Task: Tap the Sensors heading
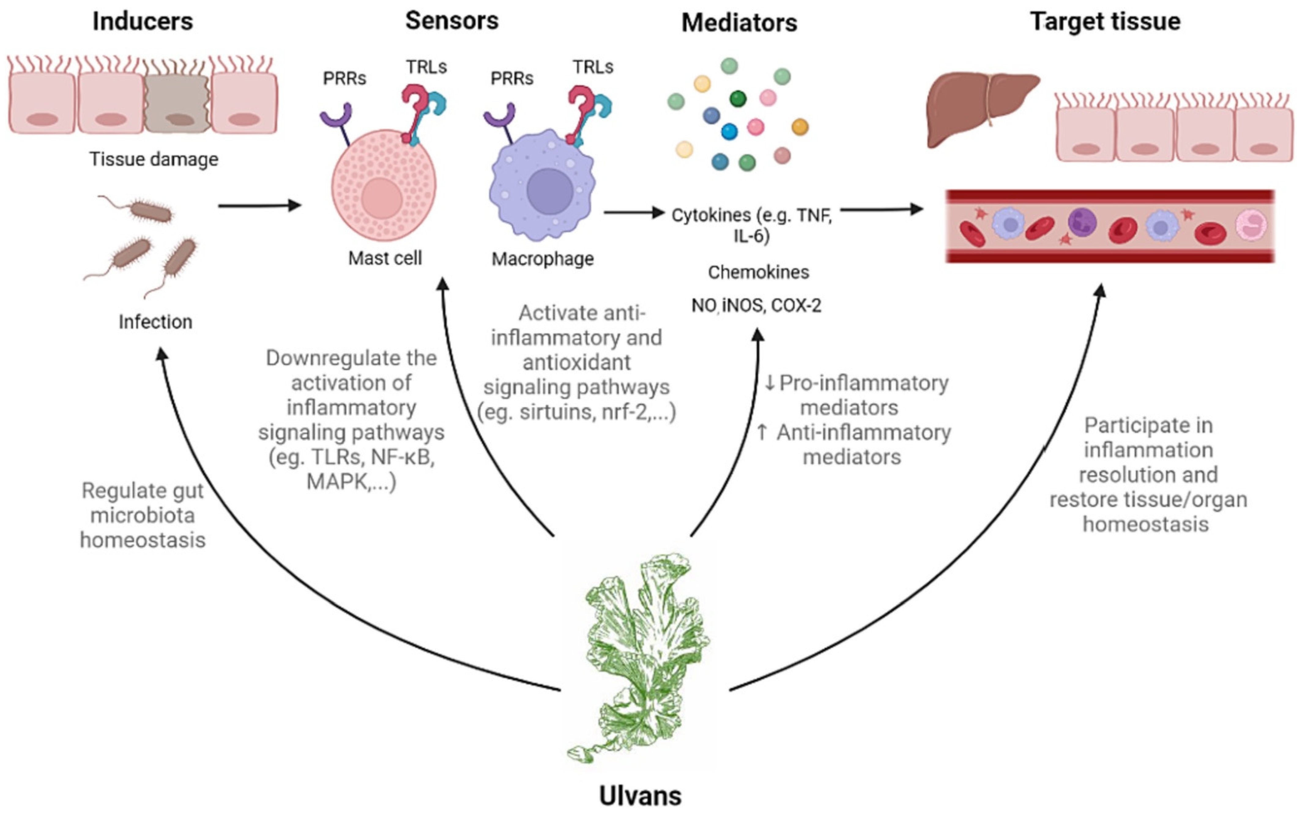click(452, 20)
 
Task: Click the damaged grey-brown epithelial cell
click(177, 105)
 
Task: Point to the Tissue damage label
click(154, 159)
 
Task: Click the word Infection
click(155, 322)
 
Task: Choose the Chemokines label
click(758, 272)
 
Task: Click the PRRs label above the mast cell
click(344, 79)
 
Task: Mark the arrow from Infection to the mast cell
click(258, 205)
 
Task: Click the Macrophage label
click(542, 259)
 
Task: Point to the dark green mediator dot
click(738, 98)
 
